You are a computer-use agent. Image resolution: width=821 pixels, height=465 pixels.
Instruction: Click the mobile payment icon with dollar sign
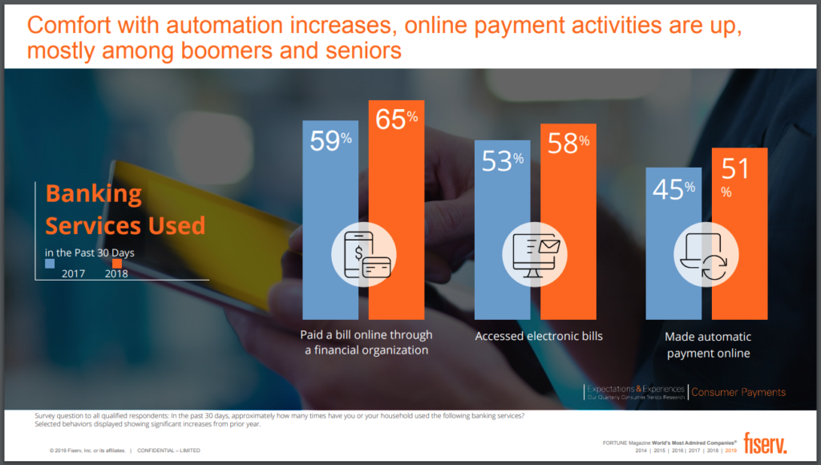(x=364, y=256)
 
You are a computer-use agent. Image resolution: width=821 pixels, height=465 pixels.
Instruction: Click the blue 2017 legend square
(x=50, y=262)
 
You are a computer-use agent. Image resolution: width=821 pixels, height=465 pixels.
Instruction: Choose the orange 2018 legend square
(x=117, y=263)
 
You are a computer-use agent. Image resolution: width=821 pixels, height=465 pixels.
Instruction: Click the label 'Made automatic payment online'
(x=708, y=345)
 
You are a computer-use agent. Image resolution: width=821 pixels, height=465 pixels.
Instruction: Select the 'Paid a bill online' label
(x=366, y=342)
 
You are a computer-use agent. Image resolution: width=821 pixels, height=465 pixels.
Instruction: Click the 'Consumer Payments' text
(x=738, y=392)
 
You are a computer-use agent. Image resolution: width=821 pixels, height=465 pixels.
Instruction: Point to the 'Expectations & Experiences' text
(x=636, y=388)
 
